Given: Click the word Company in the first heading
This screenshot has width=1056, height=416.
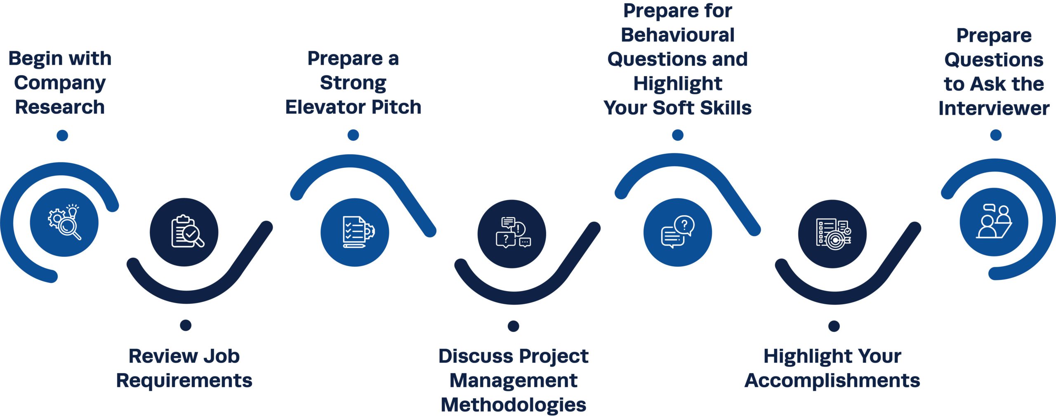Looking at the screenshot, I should (60, 83).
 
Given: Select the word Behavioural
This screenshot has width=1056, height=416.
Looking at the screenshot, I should (678, 35).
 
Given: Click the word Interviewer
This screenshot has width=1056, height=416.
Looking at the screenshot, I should (994, 108).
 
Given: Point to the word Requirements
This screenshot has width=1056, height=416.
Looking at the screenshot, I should (184, 381).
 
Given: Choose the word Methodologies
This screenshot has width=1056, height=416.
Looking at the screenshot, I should (513, 405).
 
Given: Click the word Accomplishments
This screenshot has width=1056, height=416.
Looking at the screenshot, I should (832, 381).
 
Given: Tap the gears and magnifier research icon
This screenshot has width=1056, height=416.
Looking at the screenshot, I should (64, 223).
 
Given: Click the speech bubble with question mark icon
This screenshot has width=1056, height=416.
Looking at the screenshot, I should (677, 232).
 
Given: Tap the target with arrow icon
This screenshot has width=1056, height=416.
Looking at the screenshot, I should (832, 234).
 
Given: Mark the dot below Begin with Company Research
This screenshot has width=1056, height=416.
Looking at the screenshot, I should (62, 135).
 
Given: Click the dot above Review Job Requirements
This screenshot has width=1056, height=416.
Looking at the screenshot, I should (186, 325).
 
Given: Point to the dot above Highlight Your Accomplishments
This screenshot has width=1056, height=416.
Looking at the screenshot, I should (834, 326).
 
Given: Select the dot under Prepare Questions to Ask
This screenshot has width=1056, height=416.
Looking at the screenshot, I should (996, 135).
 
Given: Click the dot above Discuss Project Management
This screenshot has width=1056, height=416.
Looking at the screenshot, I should (513, 326).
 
